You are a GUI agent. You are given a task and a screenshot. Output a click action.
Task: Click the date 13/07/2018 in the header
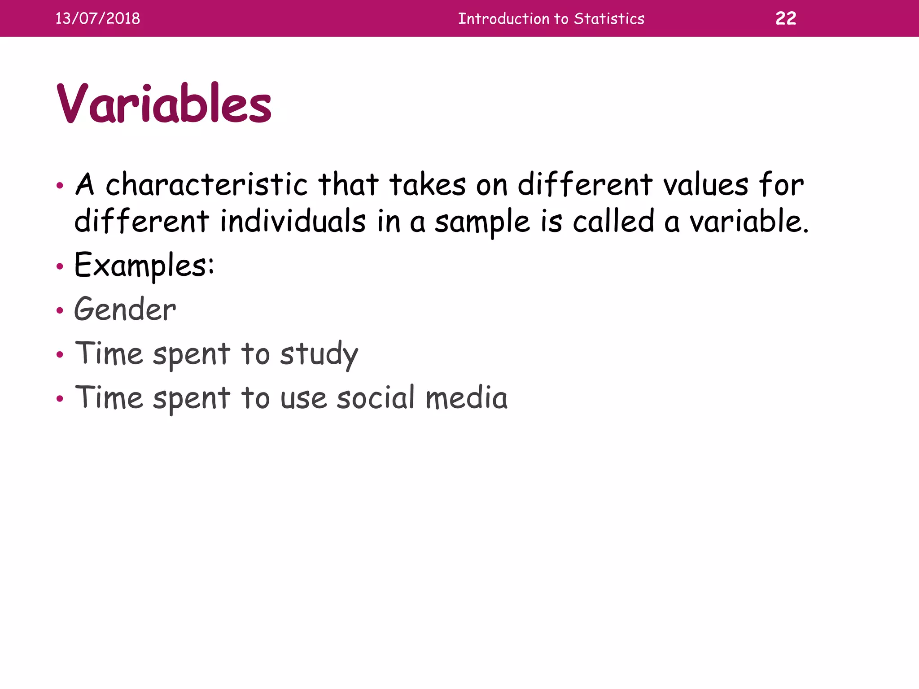97,18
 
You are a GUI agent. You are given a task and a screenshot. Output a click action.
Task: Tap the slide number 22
786,18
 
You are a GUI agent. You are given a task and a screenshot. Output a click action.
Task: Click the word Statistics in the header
609,19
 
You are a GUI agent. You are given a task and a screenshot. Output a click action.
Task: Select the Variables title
164,104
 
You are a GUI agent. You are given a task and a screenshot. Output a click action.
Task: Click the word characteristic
206,185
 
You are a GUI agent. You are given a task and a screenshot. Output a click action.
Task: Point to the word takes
428,185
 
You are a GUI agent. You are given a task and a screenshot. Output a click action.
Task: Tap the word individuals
293,222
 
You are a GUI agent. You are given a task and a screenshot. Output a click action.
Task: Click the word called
613,222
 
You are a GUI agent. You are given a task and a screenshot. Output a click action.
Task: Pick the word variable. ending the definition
748,222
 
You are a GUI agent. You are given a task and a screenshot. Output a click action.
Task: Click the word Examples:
144,266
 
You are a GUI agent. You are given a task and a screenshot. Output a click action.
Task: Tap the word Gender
125,310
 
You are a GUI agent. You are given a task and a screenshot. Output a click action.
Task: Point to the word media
466,398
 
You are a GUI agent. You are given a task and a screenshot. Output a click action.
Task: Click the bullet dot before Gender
60,310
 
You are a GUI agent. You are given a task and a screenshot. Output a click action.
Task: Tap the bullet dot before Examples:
60,266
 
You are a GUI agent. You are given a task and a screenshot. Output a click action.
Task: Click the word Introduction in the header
503,19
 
